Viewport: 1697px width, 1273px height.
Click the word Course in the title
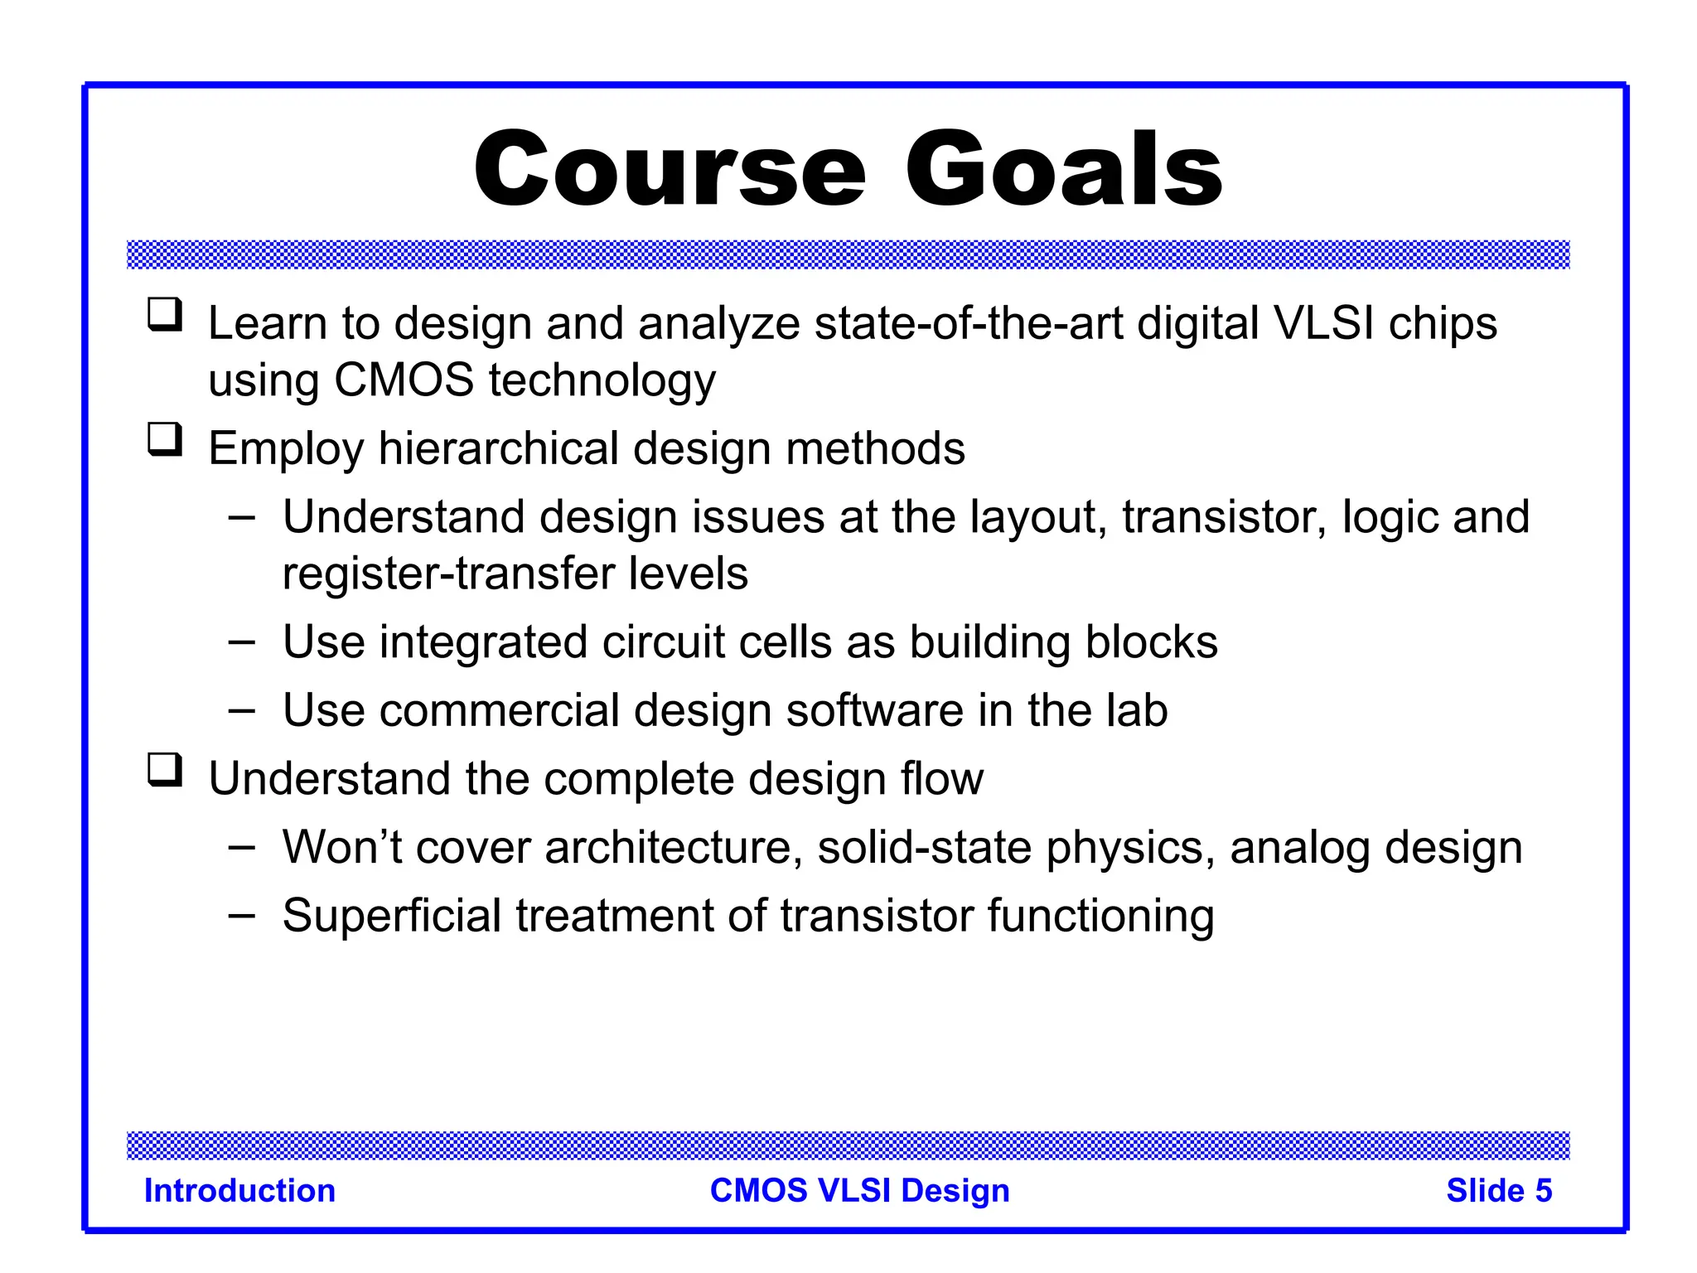670,170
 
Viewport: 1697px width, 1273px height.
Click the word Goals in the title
1064,170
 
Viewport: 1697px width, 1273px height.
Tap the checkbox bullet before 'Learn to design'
165,316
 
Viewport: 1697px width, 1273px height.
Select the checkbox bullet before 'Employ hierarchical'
165,440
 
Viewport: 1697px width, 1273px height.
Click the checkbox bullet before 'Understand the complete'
165,770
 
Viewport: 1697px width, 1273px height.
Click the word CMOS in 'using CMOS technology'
404,381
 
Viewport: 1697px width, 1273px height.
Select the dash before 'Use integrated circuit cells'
241,642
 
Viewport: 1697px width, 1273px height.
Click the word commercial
492,710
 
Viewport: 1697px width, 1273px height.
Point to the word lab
1136,710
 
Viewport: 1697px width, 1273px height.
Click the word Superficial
392,916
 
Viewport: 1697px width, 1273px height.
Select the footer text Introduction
239,1191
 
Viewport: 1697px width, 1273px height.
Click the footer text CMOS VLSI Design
859,1191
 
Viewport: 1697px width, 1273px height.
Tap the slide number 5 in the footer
1543,1191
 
